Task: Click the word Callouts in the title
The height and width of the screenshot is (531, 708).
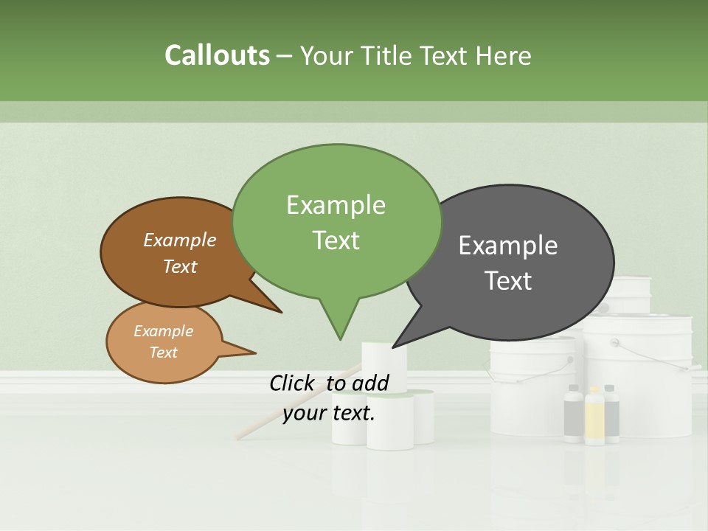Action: point(217,55)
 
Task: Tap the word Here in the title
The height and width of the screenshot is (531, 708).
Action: point(503,55)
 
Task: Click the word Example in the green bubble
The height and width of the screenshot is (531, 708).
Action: point(336,204)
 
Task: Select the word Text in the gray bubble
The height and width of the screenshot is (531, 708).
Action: point(508,281)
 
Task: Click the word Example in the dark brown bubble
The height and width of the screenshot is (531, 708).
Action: point(179,240)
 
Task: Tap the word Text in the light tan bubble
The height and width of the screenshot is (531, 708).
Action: point(163,353)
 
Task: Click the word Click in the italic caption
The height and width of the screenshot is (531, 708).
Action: point(294,383)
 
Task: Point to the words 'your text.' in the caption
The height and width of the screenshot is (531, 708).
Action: point(329,413)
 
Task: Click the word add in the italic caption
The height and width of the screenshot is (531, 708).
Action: point(369,383)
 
